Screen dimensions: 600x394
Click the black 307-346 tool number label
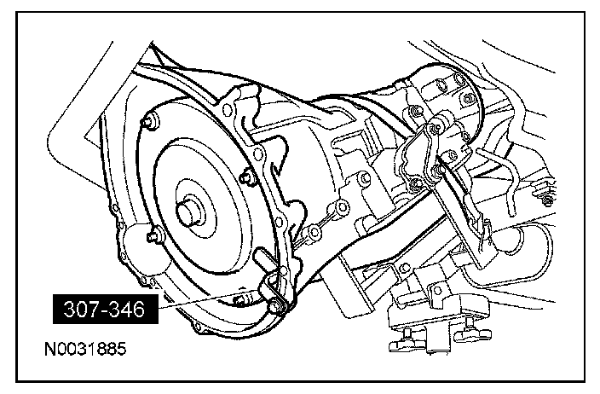click(106, 309)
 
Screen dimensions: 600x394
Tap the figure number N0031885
click(85, 349)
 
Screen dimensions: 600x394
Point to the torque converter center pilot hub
click(190, 211)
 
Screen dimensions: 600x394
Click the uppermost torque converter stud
click(150, 121)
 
